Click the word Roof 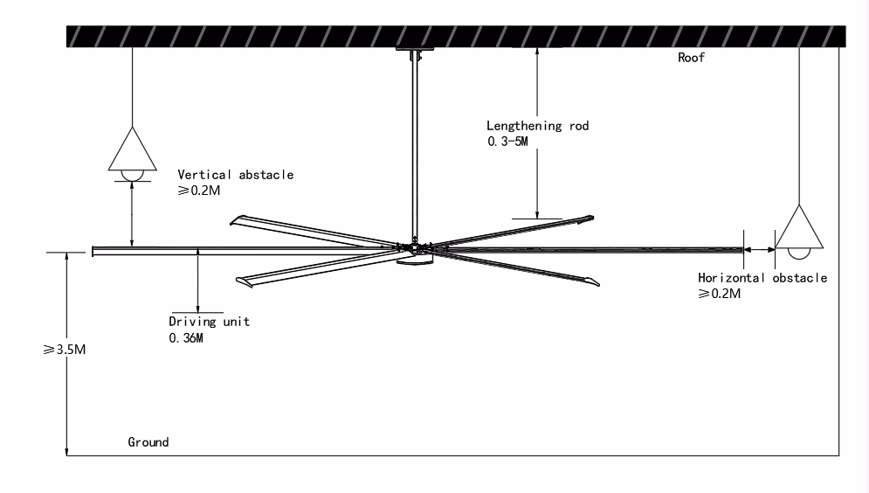tap(691, 59)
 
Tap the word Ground tap(148, 442)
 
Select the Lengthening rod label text tap(538, 126)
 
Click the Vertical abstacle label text tap(235, 174)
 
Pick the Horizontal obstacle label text tap(762, 278)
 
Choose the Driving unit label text tap(209, 321)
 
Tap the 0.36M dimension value tap(186, 337)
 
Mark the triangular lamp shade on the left tap(133, 149)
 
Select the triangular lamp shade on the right tap(799, 228)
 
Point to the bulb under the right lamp tap(799, 253)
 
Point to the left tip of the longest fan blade tap(93, 252)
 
